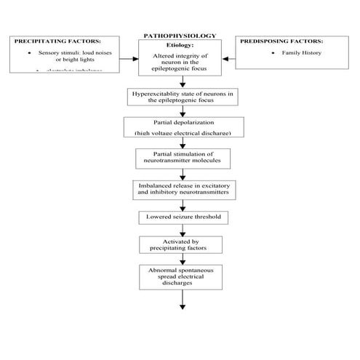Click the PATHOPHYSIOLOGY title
pos(179,35)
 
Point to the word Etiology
pos(180,45)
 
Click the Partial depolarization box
pos(179,127)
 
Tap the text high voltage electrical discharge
pos(179,135)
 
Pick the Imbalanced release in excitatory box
pos(179,191)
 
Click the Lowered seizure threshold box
pos(179,217)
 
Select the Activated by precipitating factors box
pos(179,244)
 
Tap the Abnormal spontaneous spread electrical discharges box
pos(179,276)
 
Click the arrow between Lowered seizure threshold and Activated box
pos(179,228)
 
